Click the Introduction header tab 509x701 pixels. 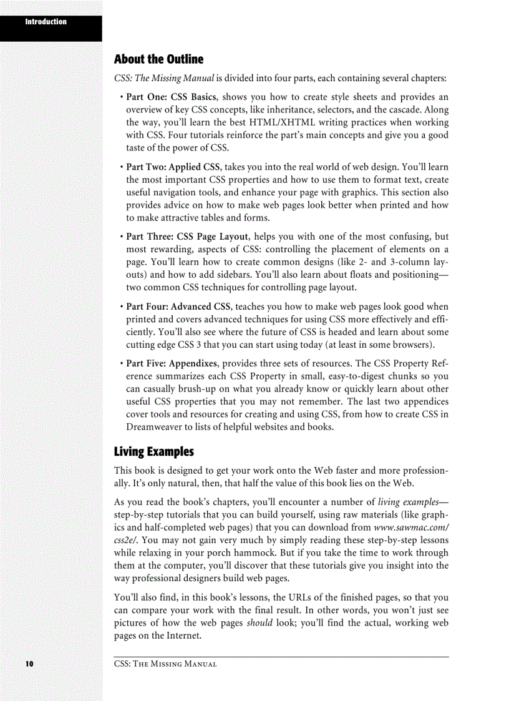46,22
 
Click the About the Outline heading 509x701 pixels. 158,60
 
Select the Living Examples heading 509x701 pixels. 153,451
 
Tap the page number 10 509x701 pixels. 29,663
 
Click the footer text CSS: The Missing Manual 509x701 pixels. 165,664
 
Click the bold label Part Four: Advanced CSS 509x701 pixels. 178,307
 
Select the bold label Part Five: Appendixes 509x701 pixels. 172,364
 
